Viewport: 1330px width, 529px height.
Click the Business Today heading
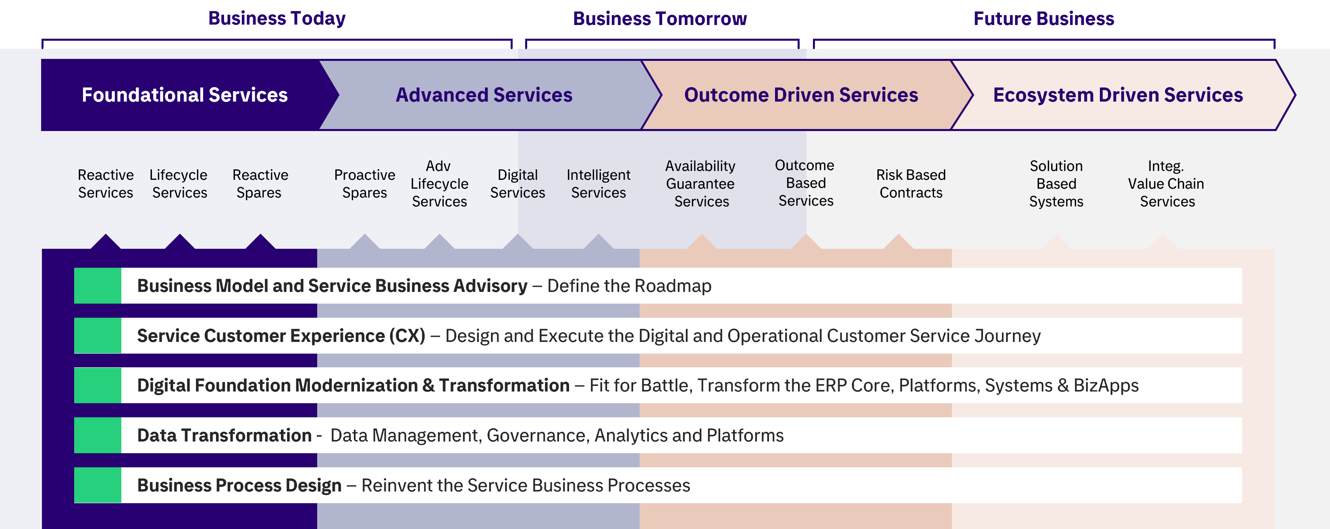point(277,19)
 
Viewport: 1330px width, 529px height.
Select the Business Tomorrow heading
point(660,19)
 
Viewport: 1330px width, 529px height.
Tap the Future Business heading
point(1043,19)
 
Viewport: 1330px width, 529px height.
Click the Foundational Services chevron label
point(185,95)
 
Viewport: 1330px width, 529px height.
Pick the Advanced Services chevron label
point(484,95)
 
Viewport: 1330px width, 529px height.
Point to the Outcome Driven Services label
point(801,95)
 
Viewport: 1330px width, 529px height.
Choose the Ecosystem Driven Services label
point(1118,95)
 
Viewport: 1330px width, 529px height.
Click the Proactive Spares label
point(364,183)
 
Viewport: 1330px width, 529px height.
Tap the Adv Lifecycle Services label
point(439,183)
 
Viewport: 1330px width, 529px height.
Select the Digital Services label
point(517,183)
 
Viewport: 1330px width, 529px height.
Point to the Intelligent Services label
point(598,183)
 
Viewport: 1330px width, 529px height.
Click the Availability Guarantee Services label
point(700,183)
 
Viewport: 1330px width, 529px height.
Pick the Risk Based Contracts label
point(911,183)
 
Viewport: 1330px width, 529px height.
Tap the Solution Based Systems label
point(1056,183)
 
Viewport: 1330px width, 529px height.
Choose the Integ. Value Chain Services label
point(1166,183)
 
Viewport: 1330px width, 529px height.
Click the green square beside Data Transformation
point(98,435)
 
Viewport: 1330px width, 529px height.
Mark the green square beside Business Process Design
point(98,485)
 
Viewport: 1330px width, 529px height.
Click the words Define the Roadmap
point(630,286)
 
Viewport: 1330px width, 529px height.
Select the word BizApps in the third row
point(1106,386)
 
